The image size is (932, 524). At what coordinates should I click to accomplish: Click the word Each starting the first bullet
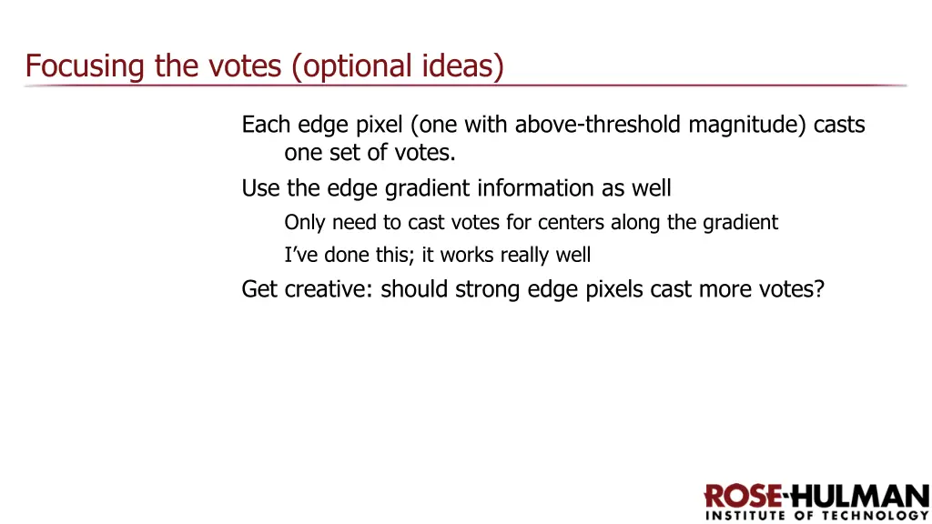point(262,125)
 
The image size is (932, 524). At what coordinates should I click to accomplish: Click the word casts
point(839,125)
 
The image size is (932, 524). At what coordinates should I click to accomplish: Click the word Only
point(305,222)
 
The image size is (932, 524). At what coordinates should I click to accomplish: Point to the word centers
point(572,222)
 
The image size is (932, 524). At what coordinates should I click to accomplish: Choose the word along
point(635,222)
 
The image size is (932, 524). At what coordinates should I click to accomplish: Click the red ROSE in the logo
point(743,497)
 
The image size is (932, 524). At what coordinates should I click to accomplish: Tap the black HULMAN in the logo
point(857,497)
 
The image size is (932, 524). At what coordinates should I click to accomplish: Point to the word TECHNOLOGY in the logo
point(879,516)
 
